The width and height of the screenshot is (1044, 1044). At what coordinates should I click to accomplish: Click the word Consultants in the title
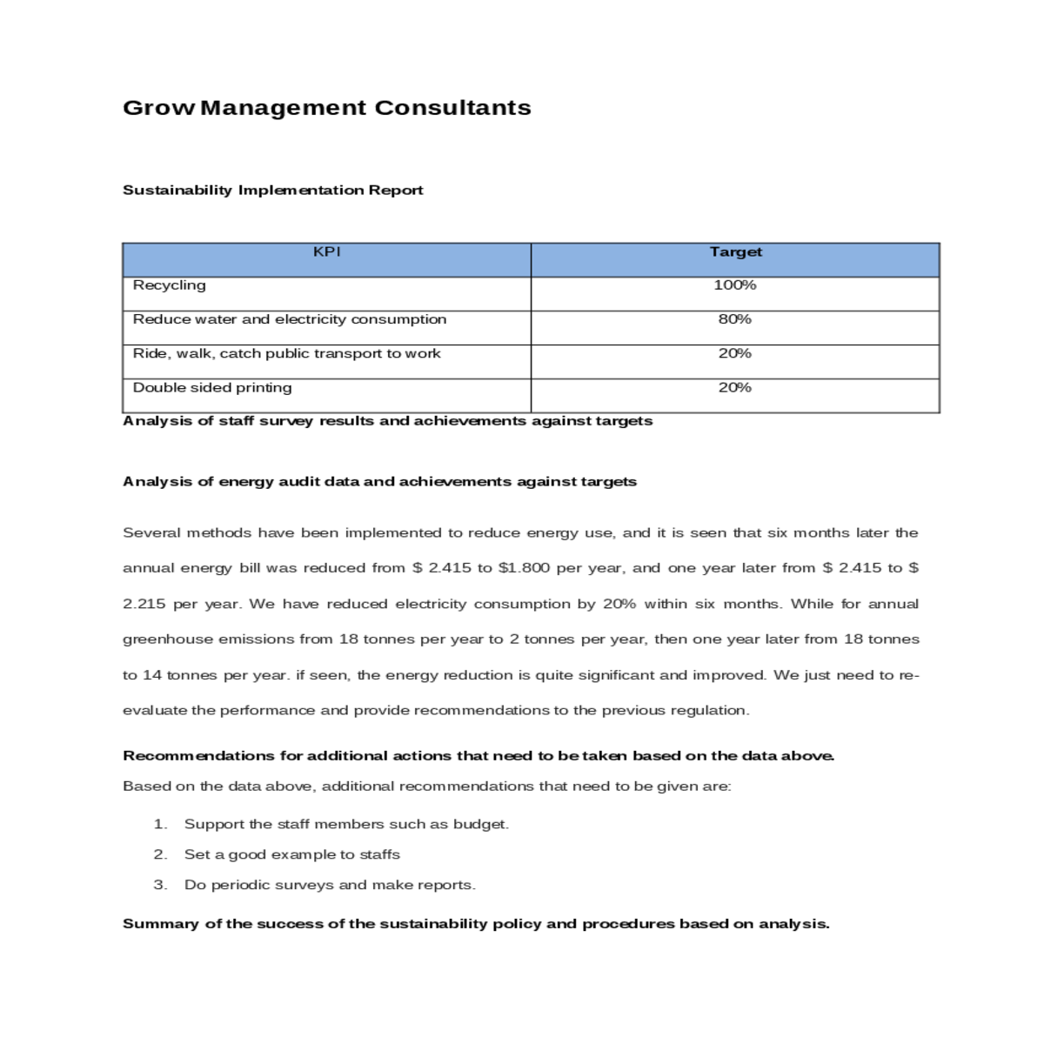[452, 108]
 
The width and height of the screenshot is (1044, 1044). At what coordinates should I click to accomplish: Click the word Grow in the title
[159, 108]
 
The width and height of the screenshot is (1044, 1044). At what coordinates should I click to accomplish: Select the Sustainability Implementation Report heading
[272, 191]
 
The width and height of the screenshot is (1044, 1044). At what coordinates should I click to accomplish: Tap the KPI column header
[326, 252]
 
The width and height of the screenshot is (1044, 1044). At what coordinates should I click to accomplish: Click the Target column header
[735, 252]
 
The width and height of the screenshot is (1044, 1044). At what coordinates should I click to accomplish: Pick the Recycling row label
[170, 285]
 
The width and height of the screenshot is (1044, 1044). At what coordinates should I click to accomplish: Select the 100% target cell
[735, 285]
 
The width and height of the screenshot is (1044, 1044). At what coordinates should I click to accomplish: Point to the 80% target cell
[735, 319]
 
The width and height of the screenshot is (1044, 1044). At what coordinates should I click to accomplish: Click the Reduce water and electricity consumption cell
[289, 319]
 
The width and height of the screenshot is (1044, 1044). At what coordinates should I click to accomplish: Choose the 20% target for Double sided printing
[735, 388]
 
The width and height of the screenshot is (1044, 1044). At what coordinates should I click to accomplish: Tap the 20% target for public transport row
[735, 353]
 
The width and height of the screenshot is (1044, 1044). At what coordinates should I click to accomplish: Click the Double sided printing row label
[212, 388]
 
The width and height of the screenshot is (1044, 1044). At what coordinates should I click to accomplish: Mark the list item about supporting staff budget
[346, 825]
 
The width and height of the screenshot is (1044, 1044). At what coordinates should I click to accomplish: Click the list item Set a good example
[291, 855]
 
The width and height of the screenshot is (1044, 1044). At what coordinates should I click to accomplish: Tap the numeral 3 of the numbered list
[159, 886]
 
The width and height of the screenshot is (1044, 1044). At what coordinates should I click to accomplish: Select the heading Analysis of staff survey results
[387, 421]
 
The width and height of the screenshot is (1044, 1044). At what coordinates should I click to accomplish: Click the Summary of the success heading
[476, 924]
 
